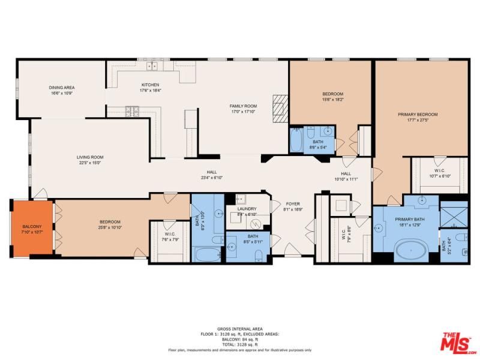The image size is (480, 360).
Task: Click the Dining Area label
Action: coord(62,91)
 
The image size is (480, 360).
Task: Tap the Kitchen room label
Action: coord(150,87)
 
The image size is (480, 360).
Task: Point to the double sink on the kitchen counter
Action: coord(152,66)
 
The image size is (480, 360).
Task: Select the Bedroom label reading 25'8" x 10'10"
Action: coord(110,224)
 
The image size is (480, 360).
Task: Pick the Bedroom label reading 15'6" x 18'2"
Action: coord(332,97)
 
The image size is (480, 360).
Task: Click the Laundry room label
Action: coord(247,211)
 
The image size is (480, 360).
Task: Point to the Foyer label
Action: coord(292,206)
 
